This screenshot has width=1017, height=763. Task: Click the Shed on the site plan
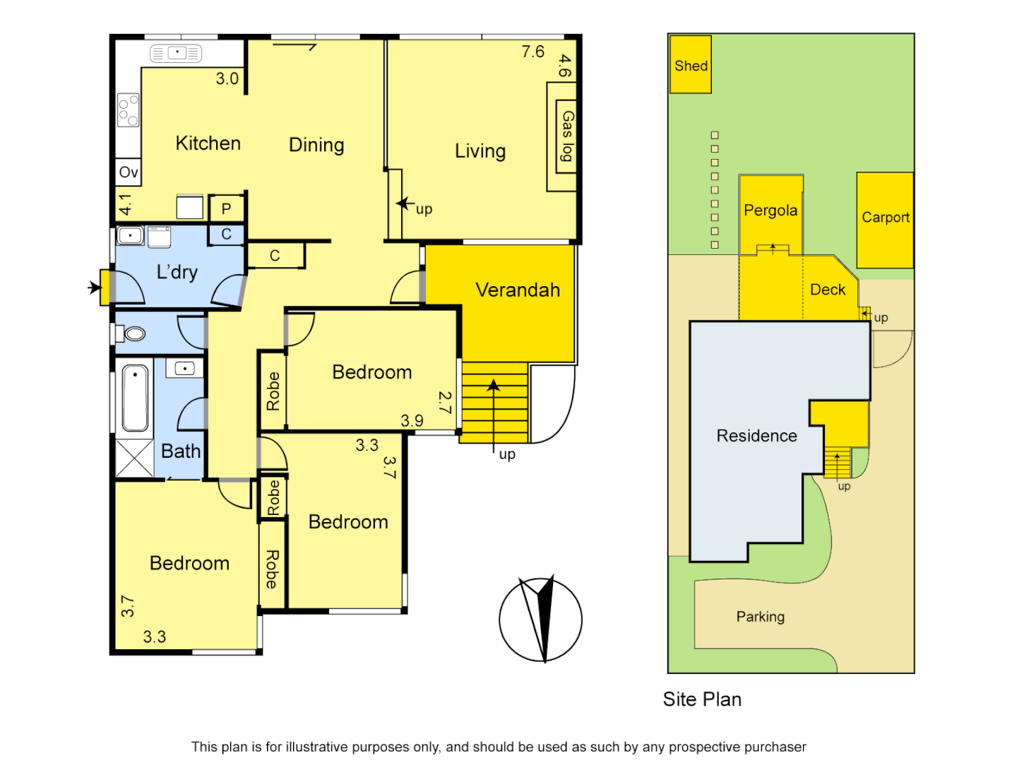[690, 64]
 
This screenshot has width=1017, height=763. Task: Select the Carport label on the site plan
[885, 218]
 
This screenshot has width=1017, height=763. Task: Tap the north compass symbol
[541, 619]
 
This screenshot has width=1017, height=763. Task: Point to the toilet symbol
[132, 333]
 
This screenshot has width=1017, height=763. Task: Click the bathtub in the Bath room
[135, 398]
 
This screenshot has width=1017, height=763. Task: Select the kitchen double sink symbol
[176, 53]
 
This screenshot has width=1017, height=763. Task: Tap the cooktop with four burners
[129, 110]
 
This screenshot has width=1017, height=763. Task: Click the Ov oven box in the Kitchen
[129, 172]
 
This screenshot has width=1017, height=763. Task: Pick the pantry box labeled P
[227, 208]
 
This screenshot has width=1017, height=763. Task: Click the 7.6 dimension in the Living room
[533, 52]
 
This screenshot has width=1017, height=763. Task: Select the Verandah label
[518, 290]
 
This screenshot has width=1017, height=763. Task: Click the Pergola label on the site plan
[771, 211]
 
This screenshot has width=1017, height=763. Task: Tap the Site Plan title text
[702, 699]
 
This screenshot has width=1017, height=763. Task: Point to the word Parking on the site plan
[760, 617]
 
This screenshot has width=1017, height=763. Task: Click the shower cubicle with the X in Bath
[134, 458]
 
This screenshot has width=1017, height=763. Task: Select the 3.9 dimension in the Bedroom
[412, 421]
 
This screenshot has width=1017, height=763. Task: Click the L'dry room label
[177, 272]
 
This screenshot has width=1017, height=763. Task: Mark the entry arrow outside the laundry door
[94, 288]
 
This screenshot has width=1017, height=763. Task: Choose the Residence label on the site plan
[756, 436]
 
